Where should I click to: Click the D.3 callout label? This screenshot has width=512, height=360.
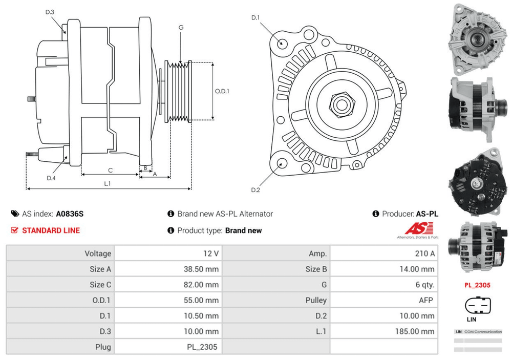[50, 12]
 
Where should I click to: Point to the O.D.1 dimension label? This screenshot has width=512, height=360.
[222, 92]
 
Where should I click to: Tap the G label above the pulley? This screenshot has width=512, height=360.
[181, 27]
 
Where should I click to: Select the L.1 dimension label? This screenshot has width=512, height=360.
[108, 183]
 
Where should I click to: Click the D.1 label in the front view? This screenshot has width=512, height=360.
[255, 18]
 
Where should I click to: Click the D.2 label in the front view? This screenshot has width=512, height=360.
[255, 190]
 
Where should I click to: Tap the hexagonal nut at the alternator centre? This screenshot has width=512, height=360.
[339, 104]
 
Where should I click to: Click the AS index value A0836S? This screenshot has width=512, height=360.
[69, 214]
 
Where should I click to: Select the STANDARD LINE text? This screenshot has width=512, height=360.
[51, 230]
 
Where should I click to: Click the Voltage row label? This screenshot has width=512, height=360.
[98, 253]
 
